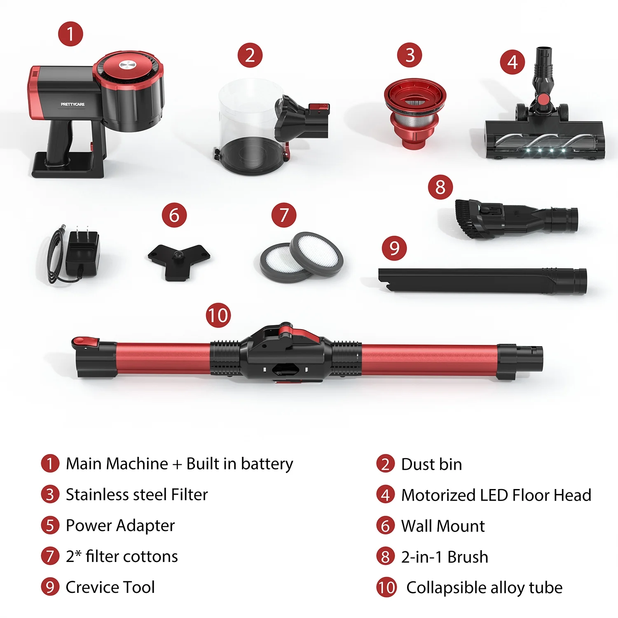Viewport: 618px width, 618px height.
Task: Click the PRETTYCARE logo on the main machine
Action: (73, 104)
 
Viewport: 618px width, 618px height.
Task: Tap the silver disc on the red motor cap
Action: (127, 65)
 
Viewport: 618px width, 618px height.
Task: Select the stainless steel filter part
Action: (415, 113)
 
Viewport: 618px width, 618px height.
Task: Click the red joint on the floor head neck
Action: (544, 99)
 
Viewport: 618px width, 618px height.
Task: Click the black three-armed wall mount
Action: (179, 260)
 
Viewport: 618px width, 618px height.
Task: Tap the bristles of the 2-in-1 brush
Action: (468, 218)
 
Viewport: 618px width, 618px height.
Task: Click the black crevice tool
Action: (482, 281)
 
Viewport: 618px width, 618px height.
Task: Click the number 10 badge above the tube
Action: (218, 316)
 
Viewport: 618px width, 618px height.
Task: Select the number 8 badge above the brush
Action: (440, 187)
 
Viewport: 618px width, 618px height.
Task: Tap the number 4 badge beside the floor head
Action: (513, 62)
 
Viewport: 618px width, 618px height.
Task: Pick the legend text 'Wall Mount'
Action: (443, 526)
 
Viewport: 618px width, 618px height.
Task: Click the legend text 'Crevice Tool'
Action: (110, 587)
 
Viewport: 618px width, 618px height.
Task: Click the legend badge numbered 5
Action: (50, 525)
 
